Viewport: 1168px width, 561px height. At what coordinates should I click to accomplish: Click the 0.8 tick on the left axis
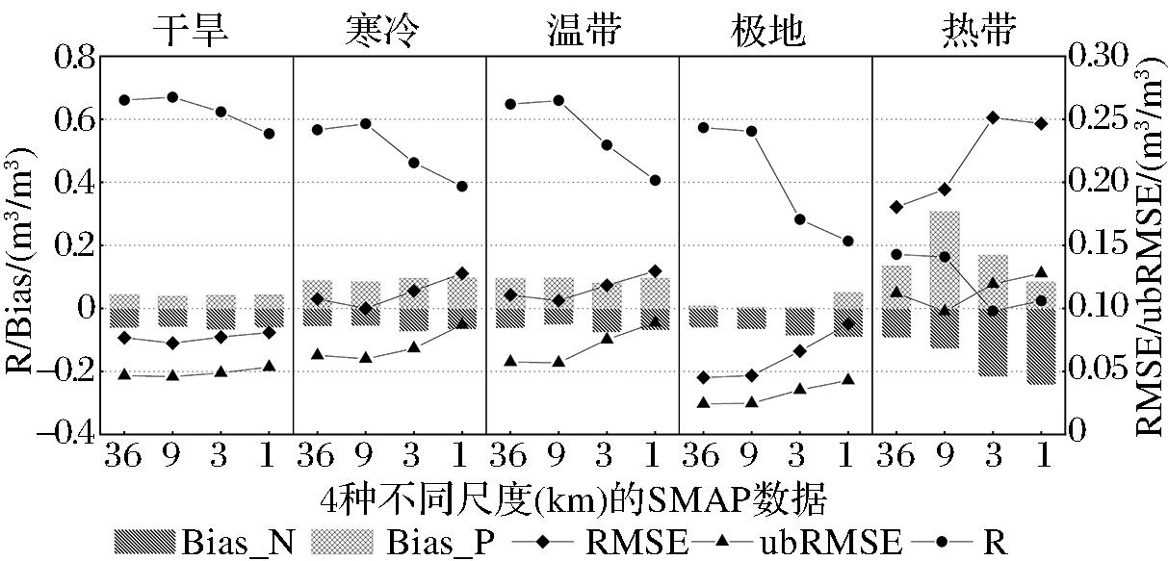pos(69,58)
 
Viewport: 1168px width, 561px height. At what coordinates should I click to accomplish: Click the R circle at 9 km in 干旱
pos(172,97)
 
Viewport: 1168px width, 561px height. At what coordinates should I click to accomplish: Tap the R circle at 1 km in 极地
pos(848,241)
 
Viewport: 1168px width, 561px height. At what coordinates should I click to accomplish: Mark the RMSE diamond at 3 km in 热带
pos(993,117)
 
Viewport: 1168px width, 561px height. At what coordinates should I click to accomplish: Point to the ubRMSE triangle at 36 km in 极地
pos(703,403)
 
